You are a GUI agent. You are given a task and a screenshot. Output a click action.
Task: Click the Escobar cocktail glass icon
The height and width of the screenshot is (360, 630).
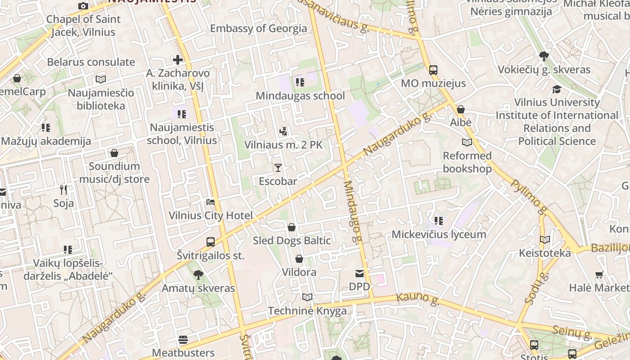278,168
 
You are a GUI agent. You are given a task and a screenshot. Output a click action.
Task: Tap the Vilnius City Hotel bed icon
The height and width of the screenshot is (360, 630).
210,202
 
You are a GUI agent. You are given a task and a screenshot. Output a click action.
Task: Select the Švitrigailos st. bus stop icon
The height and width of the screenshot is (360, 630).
210,242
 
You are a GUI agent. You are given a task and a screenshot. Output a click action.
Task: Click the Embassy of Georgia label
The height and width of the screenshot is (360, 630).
258,28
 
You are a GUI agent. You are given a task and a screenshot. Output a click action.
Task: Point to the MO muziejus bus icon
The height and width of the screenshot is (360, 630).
433,70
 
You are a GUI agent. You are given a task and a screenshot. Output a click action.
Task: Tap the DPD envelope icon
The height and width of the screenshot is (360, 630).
360,273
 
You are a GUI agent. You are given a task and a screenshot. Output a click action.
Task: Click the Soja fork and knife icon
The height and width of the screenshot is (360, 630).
63,189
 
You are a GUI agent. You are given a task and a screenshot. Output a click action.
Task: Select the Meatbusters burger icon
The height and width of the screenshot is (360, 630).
183,339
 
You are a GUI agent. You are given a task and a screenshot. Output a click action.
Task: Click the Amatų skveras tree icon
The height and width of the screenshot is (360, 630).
198,274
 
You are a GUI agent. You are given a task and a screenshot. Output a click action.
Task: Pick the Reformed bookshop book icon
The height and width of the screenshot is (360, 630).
467,143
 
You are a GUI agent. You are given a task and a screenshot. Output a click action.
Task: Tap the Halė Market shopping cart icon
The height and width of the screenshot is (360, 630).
599,274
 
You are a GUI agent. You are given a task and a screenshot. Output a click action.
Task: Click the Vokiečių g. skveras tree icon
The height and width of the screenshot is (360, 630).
544,56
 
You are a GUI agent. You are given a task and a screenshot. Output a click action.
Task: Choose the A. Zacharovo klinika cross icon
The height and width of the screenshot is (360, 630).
178,59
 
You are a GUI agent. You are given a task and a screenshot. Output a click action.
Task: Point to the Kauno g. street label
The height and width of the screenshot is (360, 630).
418,298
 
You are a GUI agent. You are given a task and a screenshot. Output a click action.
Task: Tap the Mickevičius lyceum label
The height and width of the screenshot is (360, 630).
439,234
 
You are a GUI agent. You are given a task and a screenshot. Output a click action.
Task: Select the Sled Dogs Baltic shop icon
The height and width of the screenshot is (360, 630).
292,227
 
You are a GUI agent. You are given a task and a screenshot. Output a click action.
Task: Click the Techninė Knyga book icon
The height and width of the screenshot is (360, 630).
307,297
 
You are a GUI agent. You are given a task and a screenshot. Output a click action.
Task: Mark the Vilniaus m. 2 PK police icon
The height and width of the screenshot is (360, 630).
283,132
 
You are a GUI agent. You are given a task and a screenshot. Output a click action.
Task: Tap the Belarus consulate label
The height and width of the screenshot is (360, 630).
91,62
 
